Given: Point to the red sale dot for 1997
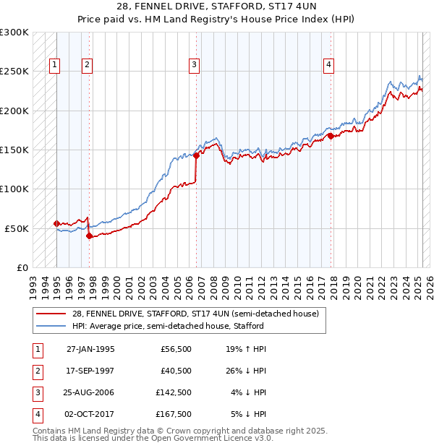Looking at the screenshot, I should click(x=89, y=236).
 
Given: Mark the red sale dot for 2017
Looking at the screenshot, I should click(x=331, y=136).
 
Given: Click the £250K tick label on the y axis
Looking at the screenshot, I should click(x=14, y=72).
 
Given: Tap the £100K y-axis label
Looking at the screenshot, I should click(x=14, y=189).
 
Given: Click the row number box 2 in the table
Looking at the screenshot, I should click(x=37, y=371).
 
